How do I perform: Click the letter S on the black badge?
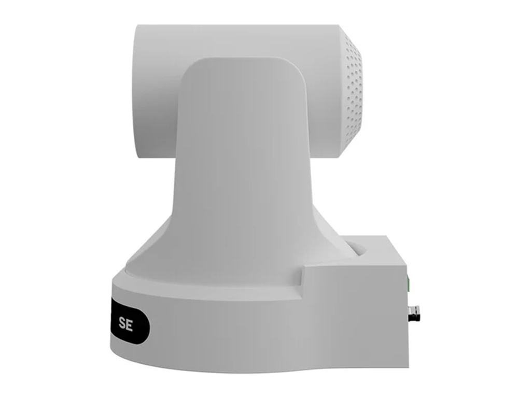click(122, 325)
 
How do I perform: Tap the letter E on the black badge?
click(129, 325)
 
